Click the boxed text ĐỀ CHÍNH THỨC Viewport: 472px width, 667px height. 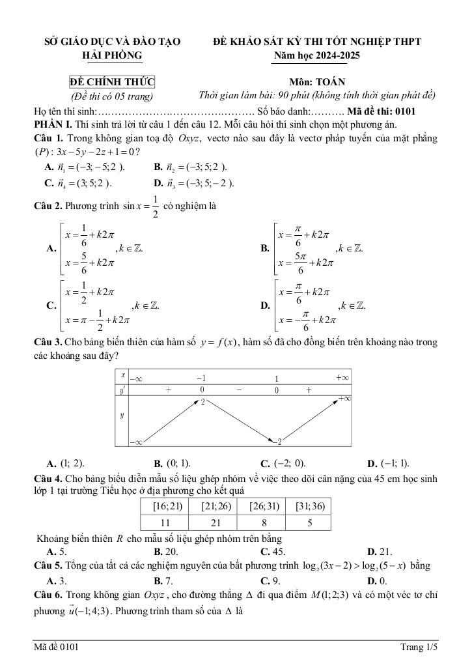pyautogui.click(x=112, y=82)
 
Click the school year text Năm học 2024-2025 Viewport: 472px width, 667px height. pyautogui.click(x=317, y=55)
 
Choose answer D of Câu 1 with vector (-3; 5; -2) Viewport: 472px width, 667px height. pyautogui.click(x=193, y=182)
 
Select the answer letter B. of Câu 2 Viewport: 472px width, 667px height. pyautogui.click(x=265, y=248)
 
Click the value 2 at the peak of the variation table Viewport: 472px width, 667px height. pyautogui.click(x=203, y=403)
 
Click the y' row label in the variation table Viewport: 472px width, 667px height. pyautogui.click(x=122, y=390)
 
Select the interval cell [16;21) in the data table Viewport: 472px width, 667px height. pyautogui.click(x=163, y=506)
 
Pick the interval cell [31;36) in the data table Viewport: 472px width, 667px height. pyautogui.click(x=310, y=506)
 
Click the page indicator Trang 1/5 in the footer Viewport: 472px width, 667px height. pyautogui.click(x=419, y=647)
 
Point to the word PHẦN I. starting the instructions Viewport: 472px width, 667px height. pyautogui.click(x=53, y=124)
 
